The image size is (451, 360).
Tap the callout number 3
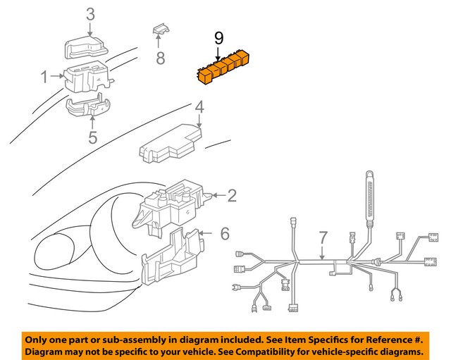tap(90, 13)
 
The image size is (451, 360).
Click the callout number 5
tap(92, 136)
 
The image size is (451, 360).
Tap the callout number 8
tap(160, 58)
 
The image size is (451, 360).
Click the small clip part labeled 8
tap(161, 30)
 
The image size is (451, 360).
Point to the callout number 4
tap(199, 108)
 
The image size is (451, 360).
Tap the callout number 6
tap(225, 232)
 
